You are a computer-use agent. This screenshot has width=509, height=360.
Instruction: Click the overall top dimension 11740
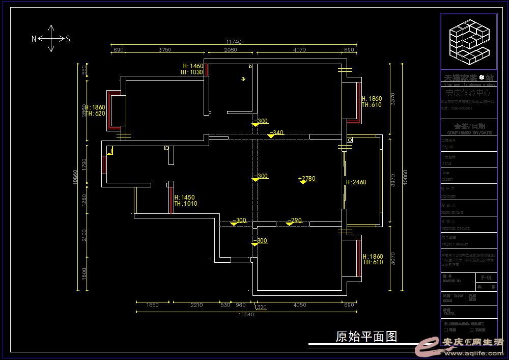click(234, 42)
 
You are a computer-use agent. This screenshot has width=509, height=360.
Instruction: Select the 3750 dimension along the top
click(164, 50)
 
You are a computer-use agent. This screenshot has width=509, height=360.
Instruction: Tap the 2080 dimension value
click(231, 50)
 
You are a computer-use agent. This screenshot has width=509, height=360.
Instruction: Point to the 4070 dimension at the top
click(300, 50)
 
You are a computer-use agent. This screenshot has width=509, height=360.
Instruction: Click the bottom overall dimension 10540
click(246, 314)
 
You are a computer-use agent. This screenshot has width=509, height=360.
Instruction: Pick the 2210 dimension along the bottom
click(196, 305)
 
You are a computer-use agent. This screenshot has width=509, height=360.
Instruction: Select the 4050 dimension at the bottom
click(300, 305)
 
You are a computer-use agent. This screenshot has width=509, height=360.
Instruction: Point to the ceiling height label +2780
click(307, 178)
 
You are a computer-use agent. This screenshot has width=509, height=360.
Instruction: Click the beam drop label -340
click(276, 133)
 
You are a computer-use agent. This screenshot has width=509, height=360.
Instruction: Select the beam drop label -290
click(295, 220)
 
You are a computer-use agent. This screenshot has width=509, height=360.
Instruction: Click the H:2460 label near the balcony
click(356, 182)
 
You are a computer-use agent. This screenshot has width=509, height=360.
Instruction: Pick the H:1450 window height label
click(184, 198)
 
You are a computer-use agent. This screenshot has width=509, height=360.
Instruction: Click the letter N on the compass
click(34, 39)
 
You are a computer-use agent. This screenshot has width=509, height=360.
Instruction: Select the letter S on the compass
click(68, 39)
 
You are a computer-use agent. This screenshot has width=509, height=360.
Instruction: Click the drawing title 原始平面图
click(366, 337)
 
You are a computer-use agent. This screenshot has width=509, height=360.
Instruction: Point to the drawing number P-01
click(486, 278)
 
